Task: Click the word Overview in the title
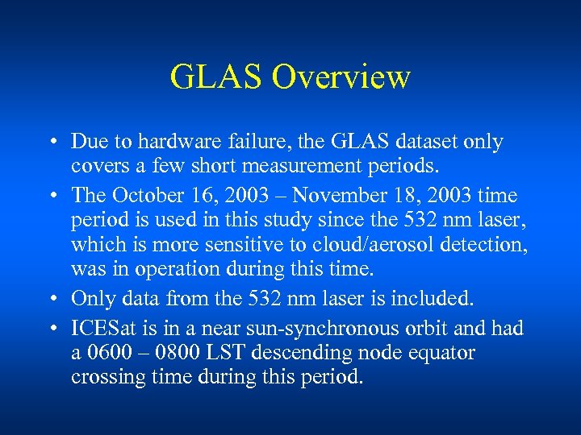point(341,77)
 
